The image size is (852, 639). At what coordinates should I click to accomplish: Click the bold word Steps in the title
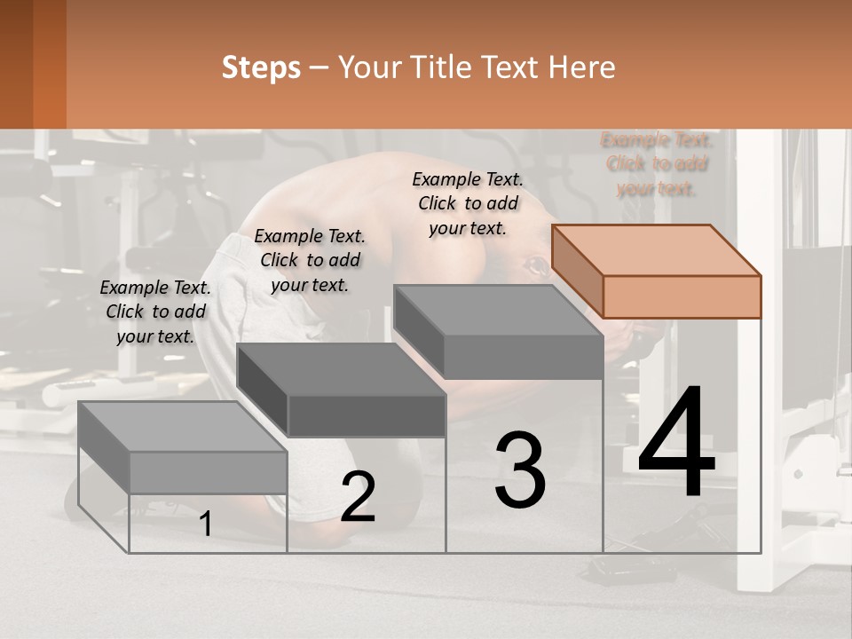(261, 67)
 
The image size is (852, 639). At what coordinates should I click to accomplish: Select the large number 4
(676, 444)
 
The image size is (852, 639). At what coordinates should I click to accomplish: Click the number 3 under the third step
(520, 470)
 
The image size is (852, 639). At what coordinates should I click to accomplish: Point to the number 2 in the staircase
(358, 497)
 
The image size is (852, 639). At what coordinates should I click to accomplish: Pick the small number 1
(206, 525)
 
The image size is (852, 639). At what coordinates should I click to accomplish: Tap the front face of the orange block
(682, 296)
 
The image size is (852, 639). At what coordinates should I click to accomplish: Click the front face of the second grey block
(367, 415)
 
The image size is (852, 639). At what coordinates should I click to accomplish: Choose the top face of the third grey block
(497, 310)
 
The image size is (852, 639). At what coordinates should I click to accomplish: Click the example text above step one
(155, 312)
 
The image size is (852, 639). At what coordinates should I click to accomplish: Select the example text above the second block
(310, 260)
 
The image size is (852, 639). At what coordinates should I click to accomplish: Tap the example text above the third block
(468, 203)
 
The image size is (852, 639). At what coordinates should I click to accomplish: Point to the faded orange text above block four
(657, 164)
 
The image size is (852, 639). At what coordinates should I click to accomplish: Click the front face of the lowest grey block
(208, 472)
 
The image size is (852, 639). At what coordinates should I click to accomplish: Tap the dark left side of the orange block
(577, 271)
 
